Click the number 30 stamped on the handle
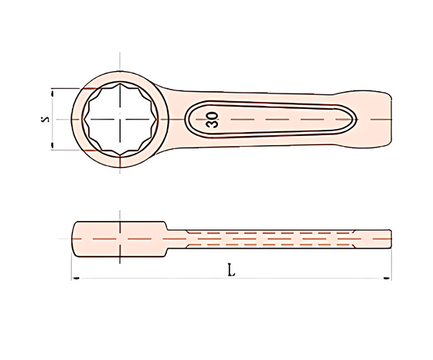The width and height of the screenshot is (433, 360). tap(212, 120)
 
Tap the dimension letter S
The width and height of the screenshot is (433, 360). tap(45, 119)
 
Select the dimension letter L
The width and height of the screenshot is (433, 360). tap(231, 270)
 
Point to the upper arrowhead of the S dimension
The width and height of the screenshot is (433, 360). tap(52, 93)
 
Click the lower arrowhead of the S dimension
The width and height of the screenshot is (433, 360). tap(52, 145)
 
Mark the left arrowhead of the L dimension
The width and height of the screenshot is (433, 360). tap(76, 278)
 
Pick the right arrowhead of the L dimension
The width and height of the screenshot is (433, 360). tap(387, 278)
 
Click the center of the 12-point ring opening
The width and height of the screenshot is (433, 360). tap(120, 120)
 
